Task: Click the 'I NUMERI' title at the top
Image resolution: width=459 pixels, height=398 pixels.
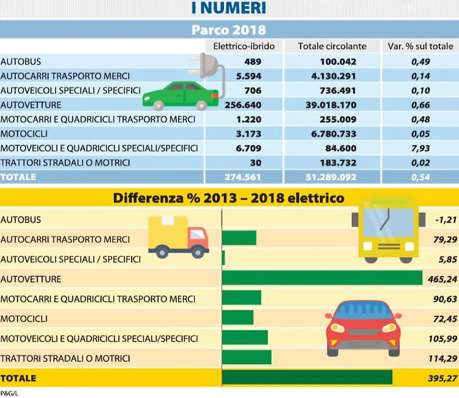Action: point(228,9)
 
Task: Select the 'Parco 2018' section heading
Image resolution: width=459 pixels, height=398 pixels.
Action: point(228,29)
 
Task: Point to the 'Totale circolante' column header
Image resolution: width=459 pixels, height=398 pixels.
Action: point(332,47)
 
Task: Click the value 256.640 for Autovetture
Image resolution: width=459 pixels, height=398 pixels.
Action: point(244,105)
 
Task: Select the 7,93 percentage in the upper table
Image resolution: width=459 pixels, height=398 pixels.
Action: point(420,148)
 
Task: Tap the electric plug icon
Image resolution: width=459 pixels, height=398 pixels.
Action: point(206,68)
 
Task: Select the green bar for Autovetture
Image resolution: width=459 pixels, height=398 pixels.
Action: point(322,278)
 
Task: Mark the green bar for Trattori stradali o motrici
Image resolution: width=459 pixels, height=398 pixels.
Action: point(247,358)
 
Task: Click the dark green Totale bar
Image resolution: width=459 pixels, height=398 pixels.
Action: point(307,378)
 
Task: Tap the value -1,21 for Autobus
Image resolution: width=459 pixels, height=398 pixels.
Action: point(442,220)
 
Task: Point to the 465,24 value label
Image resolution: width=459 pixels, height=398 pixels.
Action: point(439,279)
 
